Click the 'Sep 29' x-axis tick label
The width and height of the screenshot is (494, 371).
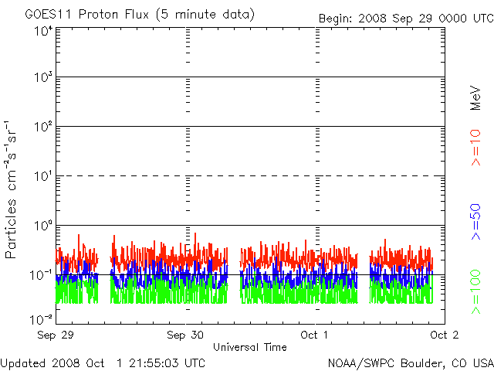point(56,335)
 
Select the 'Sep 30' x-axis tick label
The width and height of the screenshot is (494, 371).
point(185,335)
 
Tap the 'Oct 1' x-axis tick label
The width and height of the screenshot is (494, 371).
point(315,335)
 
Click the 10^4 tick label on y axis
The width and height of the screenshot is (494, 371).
point(42,31)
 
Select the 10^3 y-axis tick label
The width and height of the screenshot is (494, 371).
point(42,79)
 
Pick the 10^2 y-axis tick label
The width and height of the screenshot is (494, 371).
point(42,128)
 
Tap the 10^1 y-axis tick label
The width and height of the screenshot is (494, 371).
point(42,177)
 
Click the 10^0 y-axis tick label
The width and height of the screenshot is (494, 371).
point(42,226)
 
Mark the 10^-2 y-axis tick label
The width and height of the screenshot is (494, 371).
point(41,319)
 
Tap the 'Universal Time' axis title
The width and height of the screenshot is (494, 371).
point(249,347)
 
